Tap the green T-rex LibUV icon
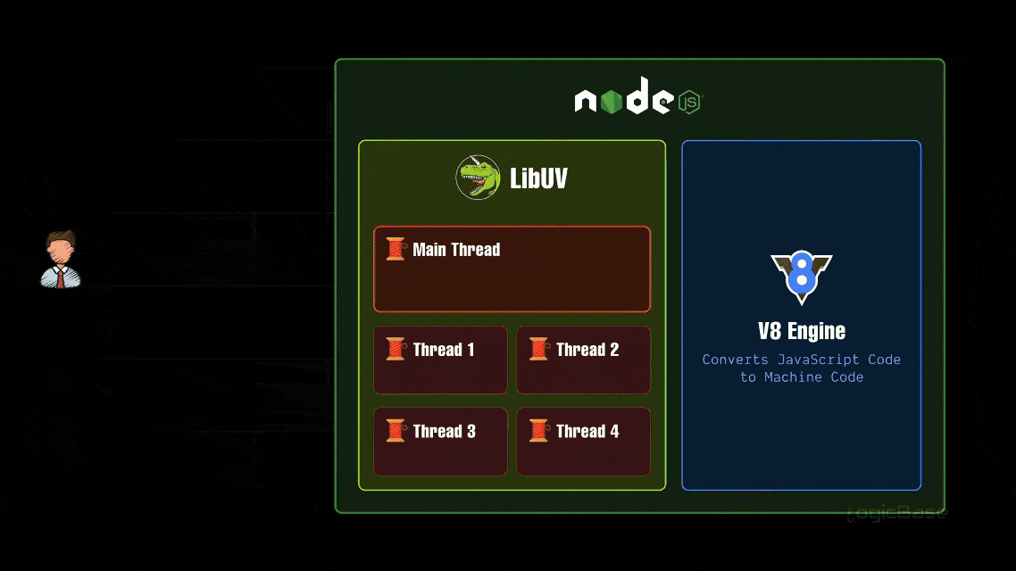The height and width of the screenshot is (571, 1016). coord(478,177)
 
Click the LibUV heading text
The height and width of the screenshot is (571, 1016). coord(538,178)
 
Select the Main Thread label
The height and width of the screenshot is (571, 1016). coord(456,250)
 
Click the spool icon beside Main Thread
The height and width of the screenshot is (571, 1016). coord(396,249)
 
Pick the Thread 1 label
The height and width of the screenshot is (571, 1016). coord(444,350)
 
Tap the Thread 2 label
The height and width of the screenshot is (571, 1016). coord(587,350)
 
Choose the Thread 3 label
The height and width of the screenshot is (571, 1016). coord(444,432)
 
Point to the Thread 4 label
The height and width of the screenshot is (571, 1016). coord(587,432)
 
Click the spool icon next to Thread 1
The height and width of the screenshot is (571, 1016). coord(396,349)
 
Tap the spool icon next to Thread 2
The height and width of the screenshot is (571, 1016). coord(538,349)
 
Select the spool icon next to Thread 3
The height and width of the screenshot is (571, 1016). coord(396,431)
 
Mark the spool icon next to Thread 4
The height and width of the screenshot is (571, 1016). coord(538,431)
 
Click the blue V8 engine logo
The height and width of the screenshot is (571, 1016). coord(802,277)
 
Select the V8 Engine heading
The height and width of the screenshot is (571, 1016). coord(802,331)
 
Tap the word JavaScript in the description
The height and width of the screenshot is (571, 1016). coord(819,360)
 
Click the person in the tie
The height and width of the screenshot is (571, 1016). coord(61,261)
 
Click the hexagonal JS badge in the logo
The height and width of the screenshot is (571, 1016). coord(689,102)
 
